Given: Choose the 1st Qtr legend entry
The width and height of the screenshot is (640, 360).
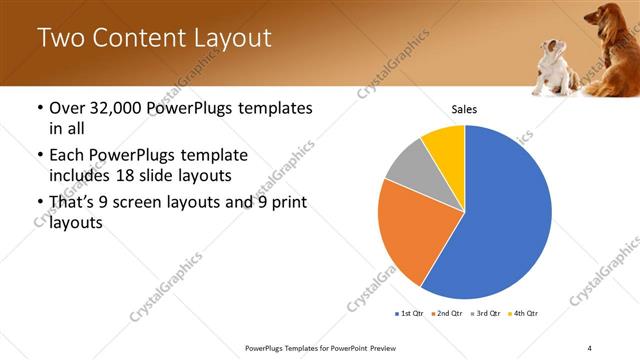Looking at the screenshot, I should (x=410, y=314).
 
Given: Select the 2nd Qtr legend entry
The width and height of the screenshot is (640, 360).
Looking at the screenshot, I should (x=449, y=314).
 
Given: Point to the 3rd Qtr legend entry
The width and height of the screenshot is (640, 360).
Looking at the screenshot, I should (x=487, y=314).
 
